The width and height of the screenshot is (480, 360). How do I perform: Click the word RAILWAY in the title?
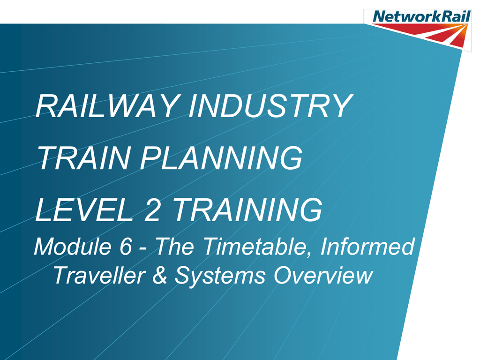108,106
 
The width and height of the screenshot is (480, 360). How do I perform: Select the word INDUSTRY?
270,106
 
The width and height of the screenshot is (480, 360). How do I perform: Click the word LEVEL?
84,210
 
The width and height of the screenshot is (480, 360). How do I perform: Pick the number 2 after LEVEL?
152,210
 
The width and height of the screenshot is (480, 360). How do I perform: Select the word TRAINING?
247,210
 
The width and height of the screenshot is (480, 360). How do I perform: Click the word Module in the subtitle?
73,246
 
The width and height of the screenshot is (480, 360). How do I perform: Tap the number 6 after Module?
126,247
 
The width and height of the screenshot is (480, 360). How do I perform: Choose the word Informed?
367,246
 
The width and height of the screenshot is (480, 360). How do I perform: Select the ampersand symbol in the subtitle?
160,275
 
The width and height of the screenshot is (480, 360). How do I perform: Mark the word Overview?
323,275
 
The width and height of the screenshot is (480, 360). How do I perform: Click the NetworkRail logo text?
421,16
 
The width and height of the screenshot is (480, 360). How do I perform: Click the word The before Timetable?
175,246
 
